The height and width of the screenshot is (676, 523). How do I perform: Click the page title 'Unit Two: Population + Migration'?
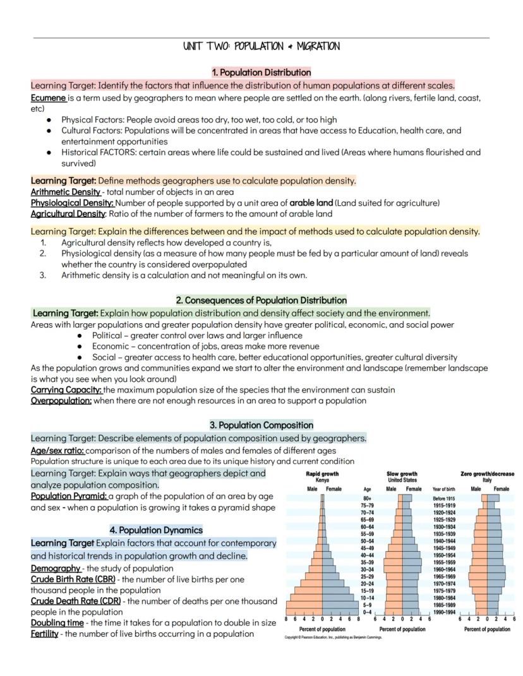(x=261, y=47)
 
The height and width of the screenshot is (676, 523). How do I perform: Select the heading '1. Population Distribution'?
(x=261, y=73)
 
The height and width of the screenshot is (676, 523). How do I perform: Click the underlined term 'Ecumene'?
(x=48, y=98)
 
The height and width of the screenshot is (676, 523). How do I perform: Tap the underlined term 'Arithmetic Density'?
(x=66, y=192)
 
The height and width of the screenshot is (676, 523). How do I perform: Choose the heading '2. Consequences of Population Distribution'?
(x=261, y=300)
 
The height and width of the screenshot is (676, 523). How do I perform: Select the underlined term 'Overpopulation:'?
(x=61, y=401)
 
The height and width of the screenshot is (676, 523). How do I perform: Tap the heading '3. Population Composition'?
(x=261, y=425)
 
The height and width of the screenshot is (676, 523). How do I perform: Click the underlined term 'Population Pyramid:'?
(x=69, y=497)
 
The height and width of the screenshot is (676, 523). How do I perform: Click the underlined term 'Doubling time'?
(x=57, y=623)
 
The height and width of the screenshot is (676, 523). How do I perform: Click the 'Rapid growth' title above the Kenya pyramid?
(x=322, y=474)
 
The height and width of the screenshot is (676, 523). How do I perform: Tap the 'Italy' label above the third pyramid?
(x=487, y=480)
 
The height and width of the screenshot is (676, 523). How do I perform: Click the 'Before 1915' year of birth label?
(x=443, y=498)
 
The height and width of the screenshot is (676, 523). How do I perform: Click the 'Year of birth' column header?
(x=443, y=489)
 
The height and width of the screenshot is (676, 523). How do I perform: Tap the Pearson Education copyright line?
(x=334, y=637)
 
